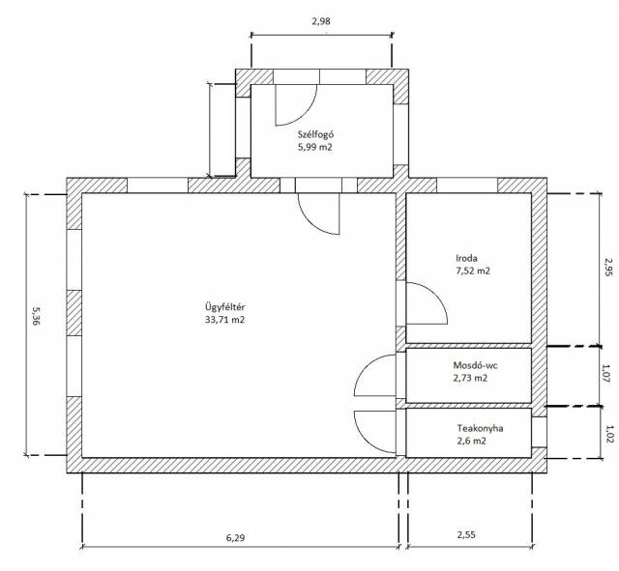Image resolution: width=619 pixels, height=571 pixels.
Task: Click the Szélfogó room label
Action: click(316, 134)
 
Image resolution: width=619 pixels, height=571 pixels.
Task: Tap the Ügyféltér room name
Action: click(224, 307)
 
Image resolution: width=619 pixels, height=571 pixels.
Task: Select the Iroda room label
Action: click(466, 258)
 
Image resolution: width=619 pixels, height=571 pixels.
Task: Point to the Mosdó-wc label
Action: click(475, 365)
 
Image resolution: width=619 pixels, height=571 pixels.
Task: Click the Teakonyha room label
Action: click(480, 428)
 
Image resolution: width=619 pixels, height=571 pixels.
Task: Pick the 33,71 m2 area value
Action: click(224, 320)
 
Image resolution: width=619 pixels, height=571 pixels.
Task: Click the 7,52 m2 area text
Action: click(473, 271)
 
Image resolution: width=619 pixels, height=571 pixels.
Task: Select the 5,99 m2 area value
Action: click(315, 147)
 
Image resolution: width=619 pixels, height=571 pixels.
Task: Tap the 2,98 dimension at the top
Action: click(321, 21)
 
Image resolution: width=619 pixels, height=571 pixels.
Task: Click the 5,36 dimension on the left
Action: click(35, 317)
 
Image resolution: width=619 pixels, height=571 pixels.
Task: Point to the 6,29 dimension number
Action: click(235, 537)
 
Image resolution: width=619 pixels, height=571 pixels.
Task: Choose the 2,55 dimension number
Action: click(466, 534)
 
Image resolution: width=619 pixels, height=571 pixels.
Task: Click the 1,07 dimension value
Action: click(606, 374)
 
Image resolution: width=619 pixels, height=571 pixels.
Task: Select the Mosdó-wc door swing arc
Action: click(366, 367)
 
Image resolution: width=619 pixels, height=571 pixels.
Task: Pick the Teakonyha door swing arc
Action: click(366, 440)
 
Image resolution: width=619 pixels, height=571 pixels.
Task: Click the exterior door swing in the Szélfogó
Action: click(305, 114)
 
